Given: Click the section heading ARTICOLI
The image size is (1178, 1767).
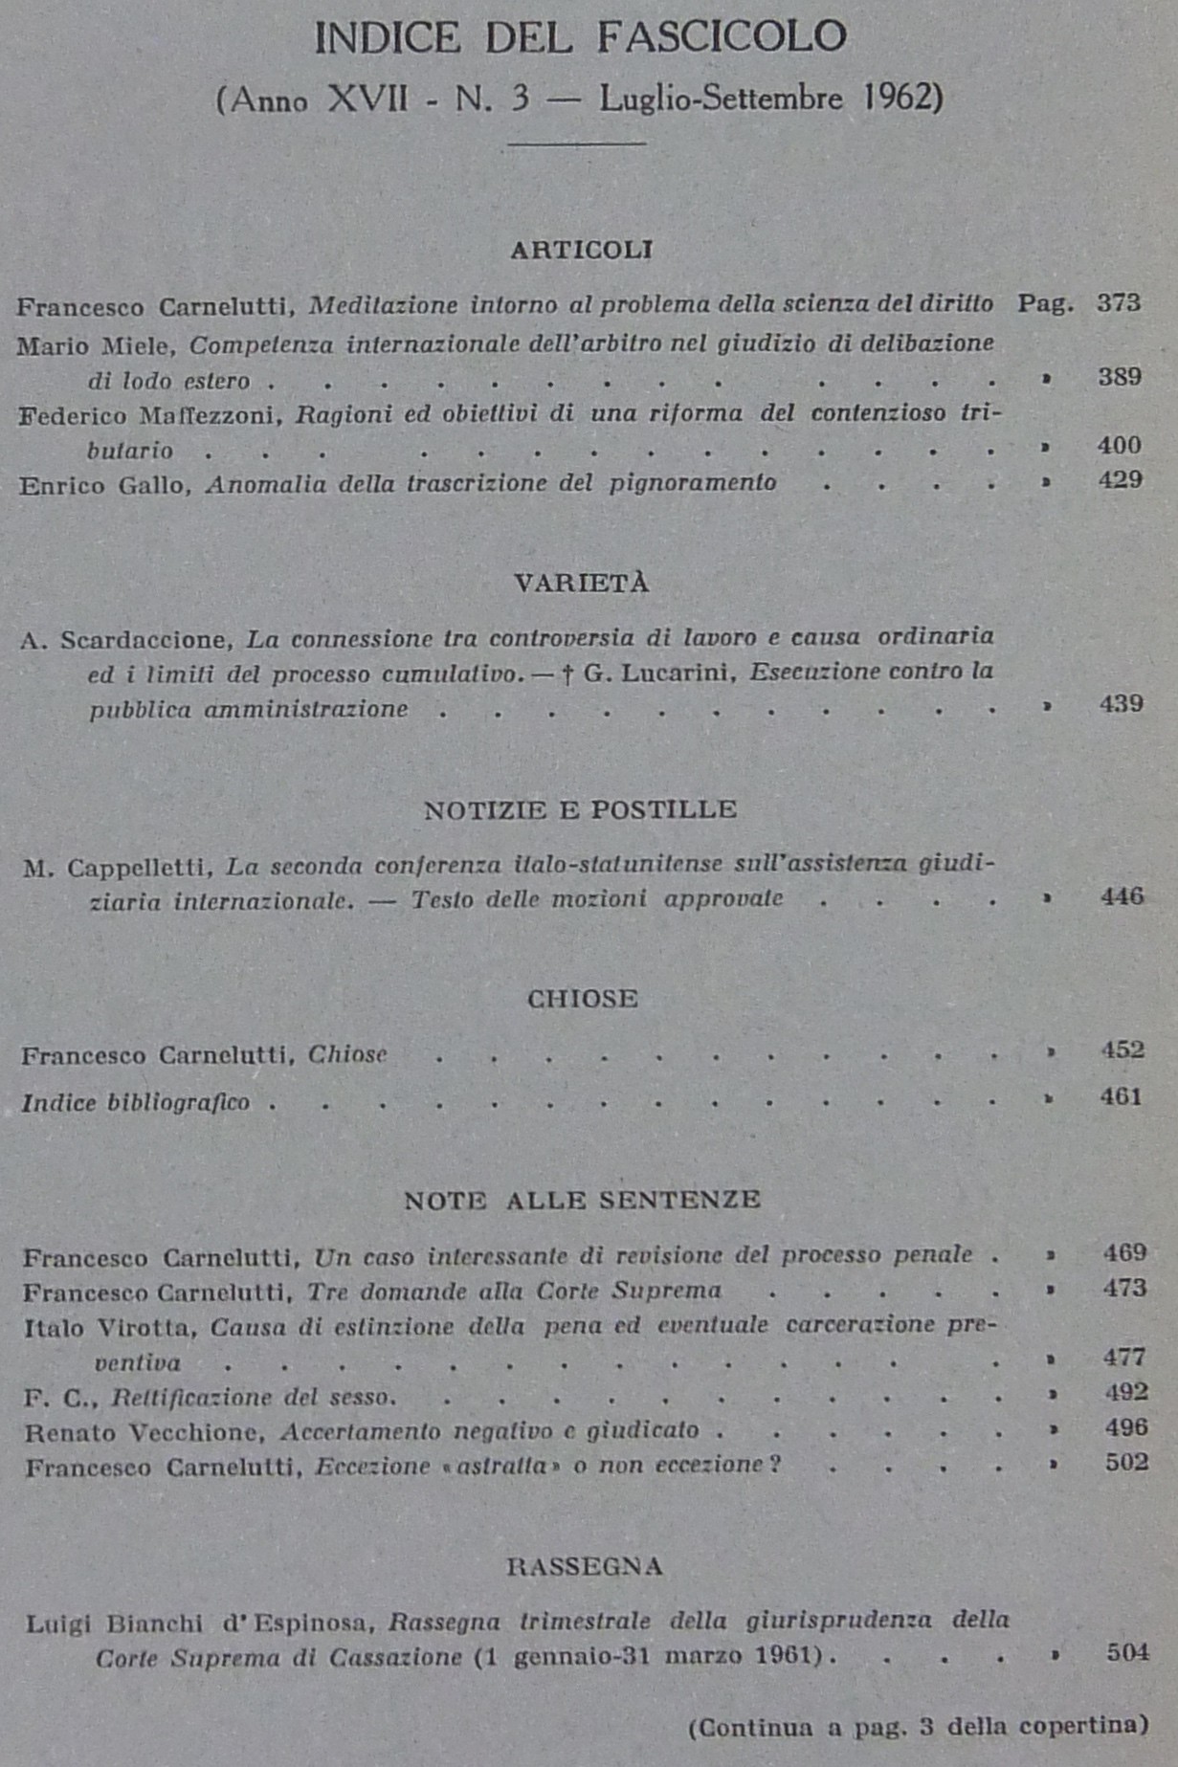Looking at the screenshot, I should click(581, 251).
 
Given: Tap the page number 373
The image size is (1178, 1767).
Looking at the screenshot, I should click(1119, 303).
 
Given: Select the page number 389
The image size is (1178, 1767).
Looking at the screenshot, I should click(1120, 377).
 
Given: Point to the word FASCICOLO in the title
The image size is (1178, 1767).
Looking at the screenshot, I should click(722, 38).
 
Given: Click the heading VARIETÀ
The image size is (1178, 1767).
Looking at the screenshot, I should click(581, 584).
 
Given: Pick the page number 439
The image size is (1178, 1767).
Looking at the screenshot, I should click(1121, 704).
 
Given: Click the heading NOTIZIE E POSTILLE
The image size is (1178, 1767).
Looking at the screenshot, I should click(580, 810).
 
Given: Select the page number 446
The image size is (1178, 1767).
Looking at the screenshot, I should click(1122, 896).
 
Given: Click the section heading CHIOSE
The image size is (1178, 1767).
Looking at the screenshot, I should click(582, 1000).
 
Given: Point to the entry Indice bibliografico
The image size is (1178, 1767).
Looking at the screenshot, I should click(136, 1103).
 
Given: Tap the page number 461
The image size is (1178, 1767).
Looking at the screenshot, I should click(1122, 1096).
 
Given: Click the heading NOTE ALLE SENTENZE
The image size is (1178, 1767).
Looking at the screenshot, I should click(582, 1201).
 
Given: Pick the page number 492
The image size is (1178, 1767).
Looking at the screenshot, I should click(1125, 1392).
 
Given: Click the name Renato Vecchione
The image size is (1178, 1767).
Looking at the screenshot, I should click(143, 1432).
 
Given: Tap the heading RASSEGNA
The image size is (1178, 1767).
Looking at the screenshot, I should click(584, 1566).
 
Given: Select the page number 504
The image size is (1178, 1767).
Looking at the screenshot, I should click(1127, 1652).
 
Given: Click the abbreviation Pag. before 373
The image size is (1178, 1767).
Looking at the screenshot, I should click(1045, 304).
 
